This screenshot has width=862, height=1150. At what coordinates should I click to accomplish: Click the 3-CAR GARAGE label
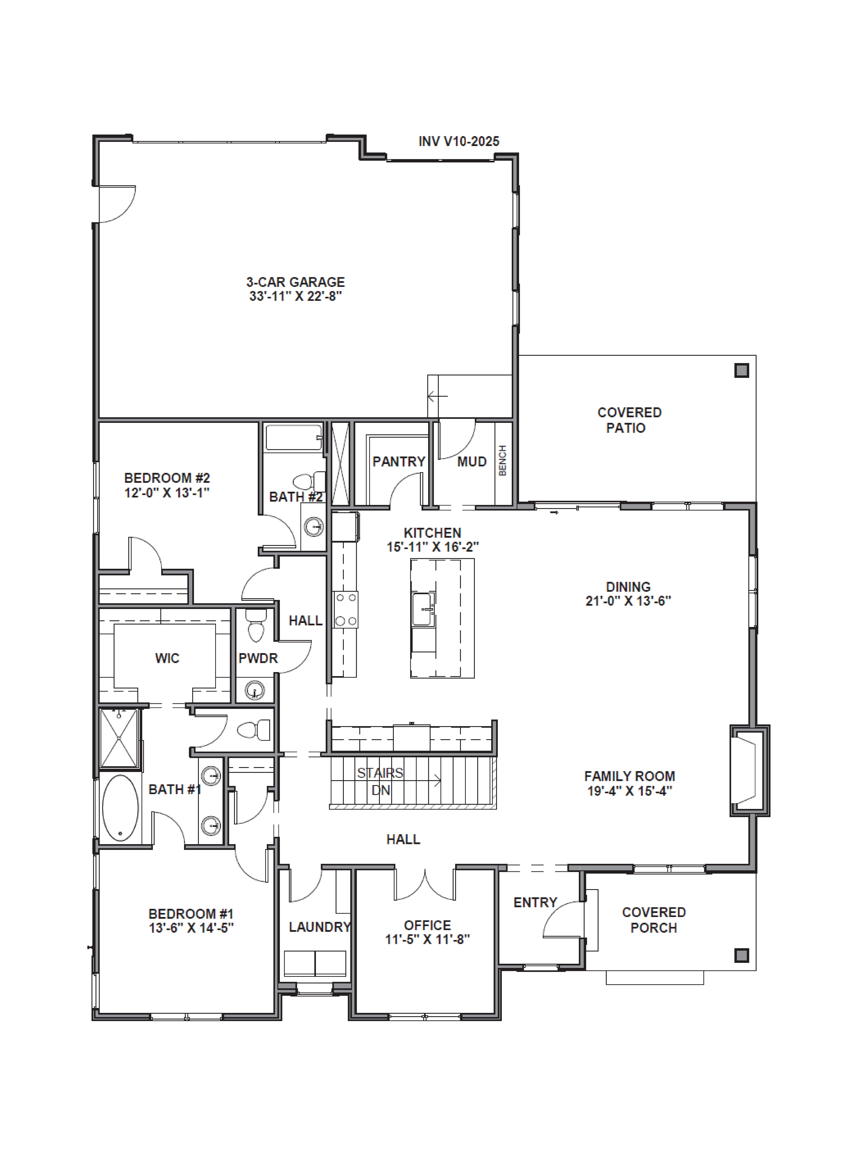(295, 282)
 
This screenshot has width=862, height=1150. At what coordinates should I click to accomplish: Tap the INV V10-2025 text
(459, 141)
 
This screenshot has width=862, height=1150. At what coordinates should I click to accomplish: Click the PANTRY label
(399, 462)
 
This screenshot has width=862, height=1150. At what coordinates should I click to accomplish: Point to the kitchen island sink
(423, 609)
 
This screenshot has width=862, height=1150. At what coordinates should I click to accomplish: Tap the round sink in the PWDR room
(255, 690)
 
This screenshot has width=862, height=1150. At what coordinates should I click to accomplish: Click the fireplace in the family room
(749, 771)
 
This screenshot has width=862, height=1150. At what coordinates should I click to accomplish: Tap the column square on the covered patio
(741, 371)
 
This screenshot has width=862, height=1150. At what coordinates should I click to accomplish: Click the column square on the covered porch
(741, 956)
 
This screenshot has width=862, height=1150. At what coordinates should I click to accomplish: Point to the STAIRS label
(380, 773)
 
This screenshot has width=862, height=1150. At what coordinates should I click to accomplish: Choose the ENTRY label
(535, 902)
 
